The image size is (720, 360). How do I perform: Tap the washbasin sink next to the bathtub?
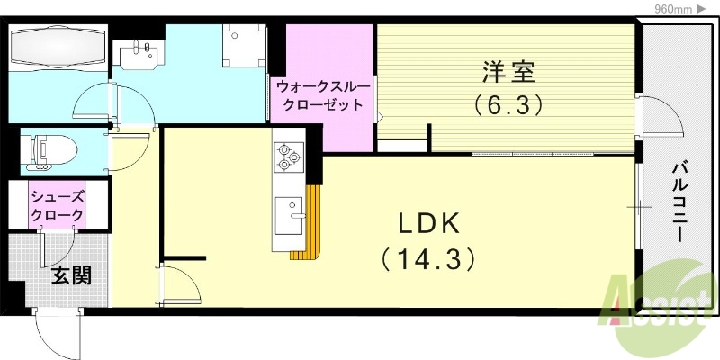point(140,55)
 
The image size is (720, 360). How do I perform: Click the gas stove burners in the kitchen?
point(287,157)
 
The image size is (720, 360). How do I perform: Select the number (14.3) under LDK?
point(427,260)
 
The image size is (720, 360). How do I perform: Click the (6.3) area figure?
point(508,105)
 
